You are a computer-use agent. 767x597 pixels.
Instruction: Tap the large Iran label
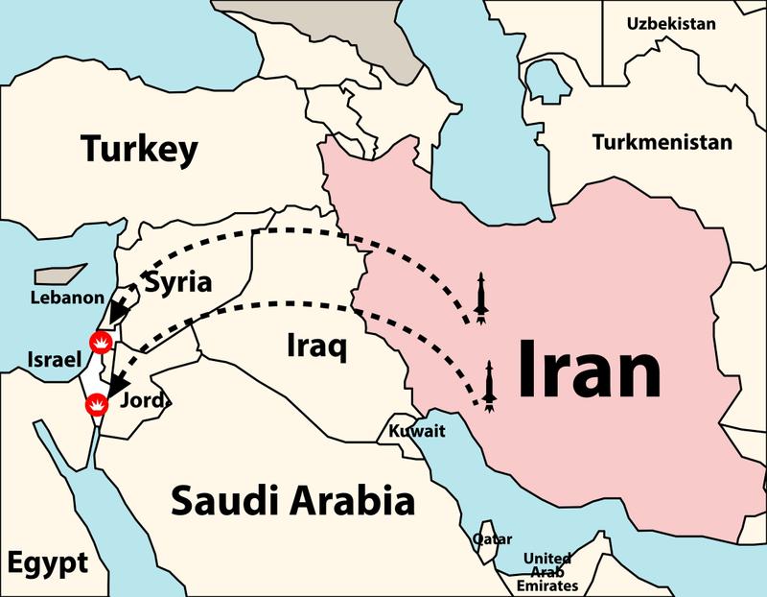coord(589,371)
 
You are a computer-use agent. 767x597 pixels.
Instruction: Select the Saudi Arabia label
coord(292,500)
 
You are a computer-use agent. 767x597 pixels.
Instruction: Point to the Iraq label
coord(316,346)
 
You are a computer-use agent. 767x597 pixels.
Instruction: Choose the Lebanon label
coord(66,298)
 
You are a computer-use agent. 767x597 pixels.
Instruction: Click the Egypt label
coord(45,561)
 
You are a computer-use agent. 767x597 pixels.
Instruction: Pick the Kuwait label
coord(417,431)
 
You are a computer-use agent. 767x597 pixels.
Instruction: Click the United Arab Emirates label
coord(547,572)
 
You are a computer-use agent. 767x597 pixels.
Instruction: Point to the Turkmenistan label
coord(662,142)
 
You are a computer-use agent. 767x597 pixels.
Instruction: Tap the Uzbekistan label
coord(671,23)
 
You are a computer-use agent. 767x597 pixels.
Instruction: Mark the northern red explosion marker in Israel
coord(99,341)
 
